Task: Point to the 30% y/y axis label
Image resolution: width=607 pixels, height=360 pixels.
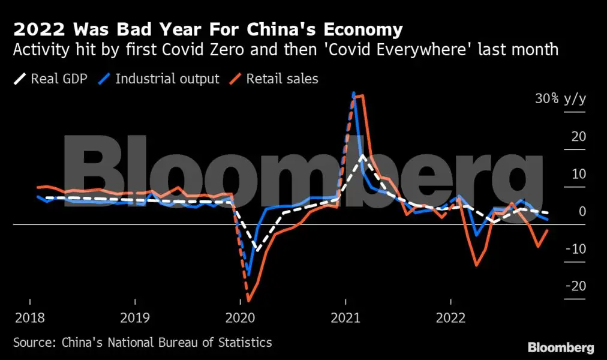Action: [x=560, y=99]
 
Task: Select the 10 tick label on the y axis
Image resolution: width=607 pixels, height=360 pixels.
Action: [x=578, y=174]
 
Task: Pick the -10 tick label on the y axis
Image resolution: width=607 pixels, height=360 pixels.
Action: [x=575, y=248]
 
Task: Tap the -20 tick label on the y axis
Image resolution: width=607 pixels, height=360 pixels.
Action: [x=575, y=286]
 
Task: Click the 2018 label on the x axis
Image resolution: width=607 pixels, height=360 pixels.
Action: [x=29, y=317]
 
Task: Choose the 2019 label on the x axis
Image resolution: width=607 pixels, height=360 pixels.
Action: [x=135, y=317]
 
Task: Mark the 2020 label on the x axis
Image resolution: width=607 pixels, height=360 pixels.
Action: [x=240, y=317]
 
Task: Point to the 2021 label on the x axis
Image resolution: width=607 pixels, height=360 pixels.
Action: [x=345, y=317]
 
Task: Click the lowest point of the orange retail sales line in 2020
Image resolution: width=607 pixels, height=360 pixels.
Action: [x=248, y=301]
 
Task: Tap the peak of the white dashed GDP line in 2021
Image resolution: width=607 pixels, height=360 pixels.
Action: [x=362, y=155]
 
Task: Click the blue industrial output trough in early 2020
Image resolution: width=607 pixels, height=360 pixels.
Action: [x=249, y=274]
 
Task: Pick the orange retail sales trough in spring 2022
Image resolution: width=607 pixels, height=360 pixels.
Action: [x=476, y=265]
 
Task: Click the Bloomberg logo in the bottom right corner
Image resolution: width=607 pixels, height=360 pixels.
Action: [x=560, y=347]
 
